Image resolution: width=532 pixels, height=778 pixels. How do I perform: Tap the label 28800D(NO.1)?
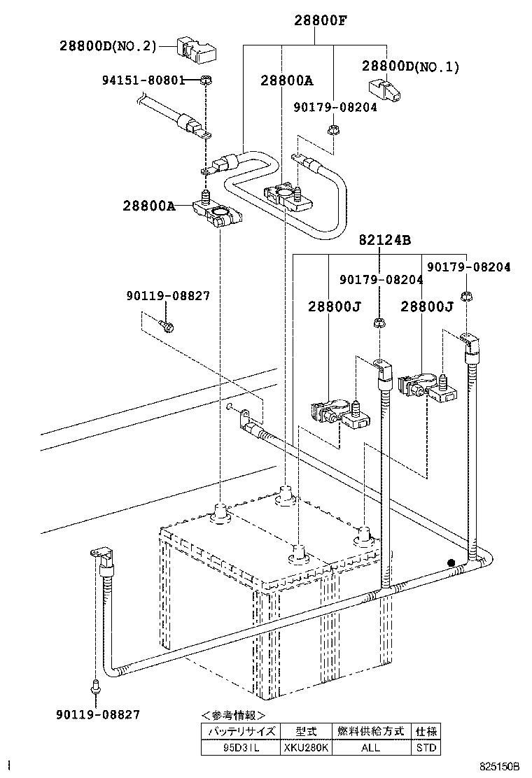pyautogui.click(x=410, y=67)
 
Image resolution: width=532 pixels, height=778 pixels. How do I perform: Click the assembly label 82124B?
pyautogui.click(x=384, y=240)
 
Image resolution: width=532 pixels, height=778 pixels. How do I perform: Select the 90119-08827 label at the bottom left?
pyautogui.click(x=97, y=714)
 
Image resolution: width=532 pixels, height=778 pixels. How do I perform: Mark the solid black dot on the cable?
pyautogui.click(x=451, y=562)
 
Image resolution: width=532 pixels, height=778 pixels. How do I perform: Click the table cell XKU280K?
pyautogui.click(x=306, y=747)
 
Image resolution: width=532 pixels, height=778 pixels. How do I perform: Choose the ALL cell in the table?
pyautogui.click(x=370, y=747)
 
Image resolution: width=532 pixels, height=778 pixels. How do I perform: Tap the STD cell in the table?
pyautogui.click(x=426, y=747)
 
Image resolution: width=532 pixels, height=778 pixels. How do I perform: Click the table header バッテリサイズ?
pyautogui.click(x=240, y=731)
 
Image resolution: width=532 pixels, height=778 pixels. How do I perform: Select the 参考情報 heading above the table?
pyautogui.click(x=233, y=715)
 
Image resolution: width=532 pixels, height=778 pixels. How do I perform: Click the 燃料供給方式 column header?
pyautogui.click(x=370, y=731)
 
